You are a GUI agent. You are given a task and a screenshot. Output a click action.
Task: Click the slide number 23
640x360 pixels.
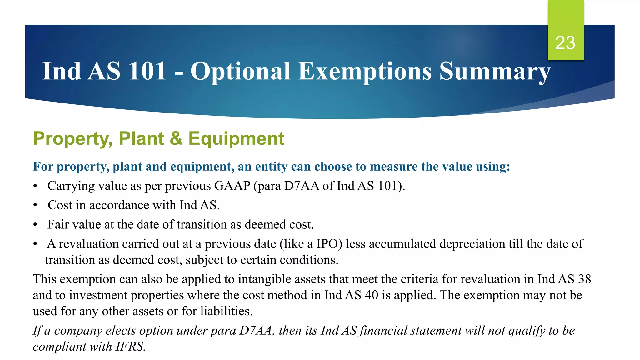(x=565, y=43)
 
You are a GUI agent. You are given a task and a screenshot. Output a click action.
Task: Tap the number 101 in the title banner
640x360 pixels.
(x=147, y=71)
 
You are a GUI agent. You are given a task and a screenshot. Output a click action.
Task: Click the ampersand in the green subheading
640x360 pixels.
(x=176, y=138)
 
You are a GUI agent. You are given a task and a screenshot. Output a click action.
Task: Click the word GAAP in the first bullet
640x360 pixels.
(x=232, y=186)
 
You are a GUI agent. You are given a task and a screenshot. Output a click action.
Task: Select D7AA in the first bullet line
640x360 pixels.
(x=302, y=186)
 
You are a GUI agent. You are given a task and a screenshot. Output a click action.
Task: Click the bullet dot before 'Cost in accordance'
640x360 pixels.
(x=35, y=206)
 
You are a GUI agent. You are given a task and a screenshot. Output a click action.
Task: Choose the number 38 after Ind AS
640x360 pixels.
(x=584, y=279)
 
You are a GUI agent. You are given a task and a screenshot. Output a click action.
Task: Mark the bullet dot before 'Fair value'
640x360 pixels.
(x=35, y=225)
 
